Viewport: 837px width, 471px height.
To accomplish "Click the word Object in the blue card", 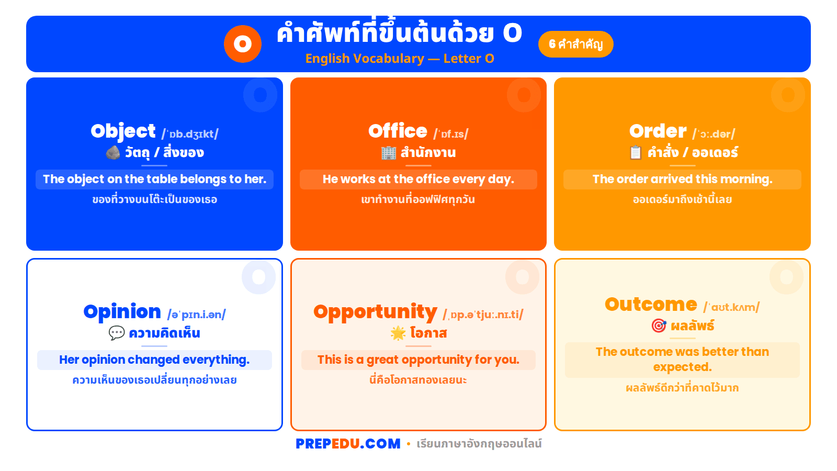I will tap(123, 131).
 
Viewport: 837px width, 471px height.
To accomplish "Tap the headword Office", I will tap(398, 131).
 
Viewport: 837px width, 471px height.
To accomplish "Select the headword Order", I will tap(658, 131).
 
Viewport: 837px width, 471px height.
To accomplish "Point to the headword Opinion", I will tap(122, 312).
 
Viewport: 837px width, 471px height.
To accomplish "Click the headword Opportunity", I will tap(375, 312).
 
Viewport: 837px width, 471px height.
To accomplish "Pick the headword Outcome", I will tap(651, 305).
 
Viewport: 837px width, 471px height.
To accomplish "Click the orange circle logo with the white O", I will tap(243, 44).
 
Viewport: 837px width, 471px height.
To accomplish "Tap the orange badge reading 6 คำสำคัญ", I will tap(575, 44).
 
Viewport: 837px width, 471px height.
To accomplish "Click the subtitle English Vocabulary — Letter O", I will tap(400, 59).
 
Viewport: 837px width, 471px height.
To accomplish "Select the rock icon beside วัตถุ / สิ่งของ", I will tap(113, 152).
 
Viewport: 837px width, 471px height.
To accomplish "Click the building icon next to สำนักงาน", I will tap(389, 152).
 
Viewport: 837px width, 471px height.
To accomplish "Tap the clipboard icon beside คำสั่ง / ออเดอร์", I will tap(635, 152).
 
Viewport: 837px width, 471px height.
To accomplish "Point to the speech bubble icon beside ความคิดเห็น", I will tap(116, 333).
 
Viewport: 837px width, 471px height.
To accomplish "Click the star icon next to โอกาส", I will tap(398, 333).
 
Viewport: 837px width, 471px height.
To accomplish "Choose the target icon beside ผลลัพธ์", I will tap(659, 326).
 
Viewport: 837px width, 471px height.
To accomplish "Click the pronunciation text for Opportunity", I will tap(483, 315).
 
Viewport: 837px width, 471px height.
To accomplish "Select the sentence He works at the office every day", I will tap(418, 179).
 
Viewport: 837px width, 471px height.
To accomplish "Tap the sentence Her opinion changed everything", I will tap(154, 360).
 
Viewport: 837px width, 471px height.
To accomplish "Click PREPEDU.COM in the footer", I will tap(348, 444).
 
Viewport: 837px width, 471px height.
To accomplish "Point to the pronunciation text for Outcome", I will tap(731, 307).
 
